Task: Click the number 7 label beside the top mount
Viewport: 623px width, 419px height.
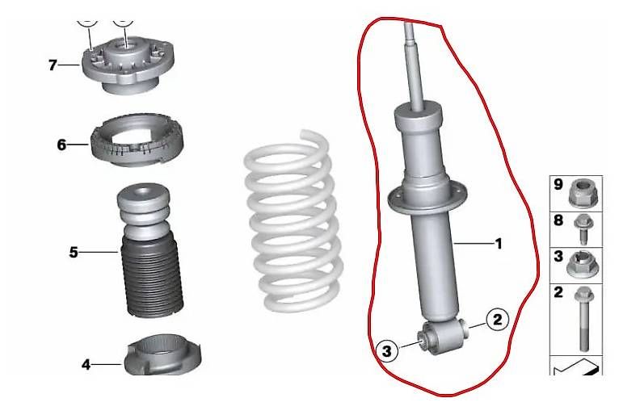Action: pos(53,65)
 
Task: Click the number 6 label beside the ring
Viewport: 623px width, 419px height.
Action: pos(61,145)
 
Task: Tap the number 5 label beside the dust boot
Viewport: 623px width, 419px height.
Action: pos(74,253)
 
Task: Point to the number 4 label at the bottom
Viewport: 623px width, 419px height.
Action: pos(86,364)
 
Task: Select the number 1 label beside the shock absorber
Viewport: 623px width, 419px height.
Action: pos(499,243)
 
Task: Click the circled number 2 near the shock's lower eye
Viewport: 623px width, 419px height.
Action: pos(498,319)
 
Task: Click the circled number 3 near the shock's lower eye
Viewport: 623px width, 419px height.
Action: pos(386,350)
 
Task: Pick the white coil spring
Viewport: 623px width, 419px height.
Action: pos(293,220)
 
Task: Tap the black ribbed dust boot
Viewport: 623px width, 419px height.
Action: pos(152,276)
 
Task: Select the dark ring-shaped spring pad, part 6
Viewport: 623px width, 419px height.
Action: pos(137,140)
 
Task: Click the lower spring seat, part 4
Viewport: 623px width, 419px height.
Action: pos(163,355)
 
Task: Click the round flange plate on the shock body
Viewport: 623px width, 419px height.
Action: pos(427,200)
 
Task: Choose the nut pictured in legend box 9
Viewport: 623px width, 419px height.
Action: pos(583,193)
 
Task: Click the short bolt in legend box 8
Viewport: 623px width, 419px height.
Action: pos(583,229)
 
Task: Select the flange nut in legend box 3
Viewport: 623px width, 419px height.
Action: pos(581,264)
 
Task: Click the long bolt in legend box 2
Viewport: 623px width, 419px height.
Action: pos(583,319)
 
